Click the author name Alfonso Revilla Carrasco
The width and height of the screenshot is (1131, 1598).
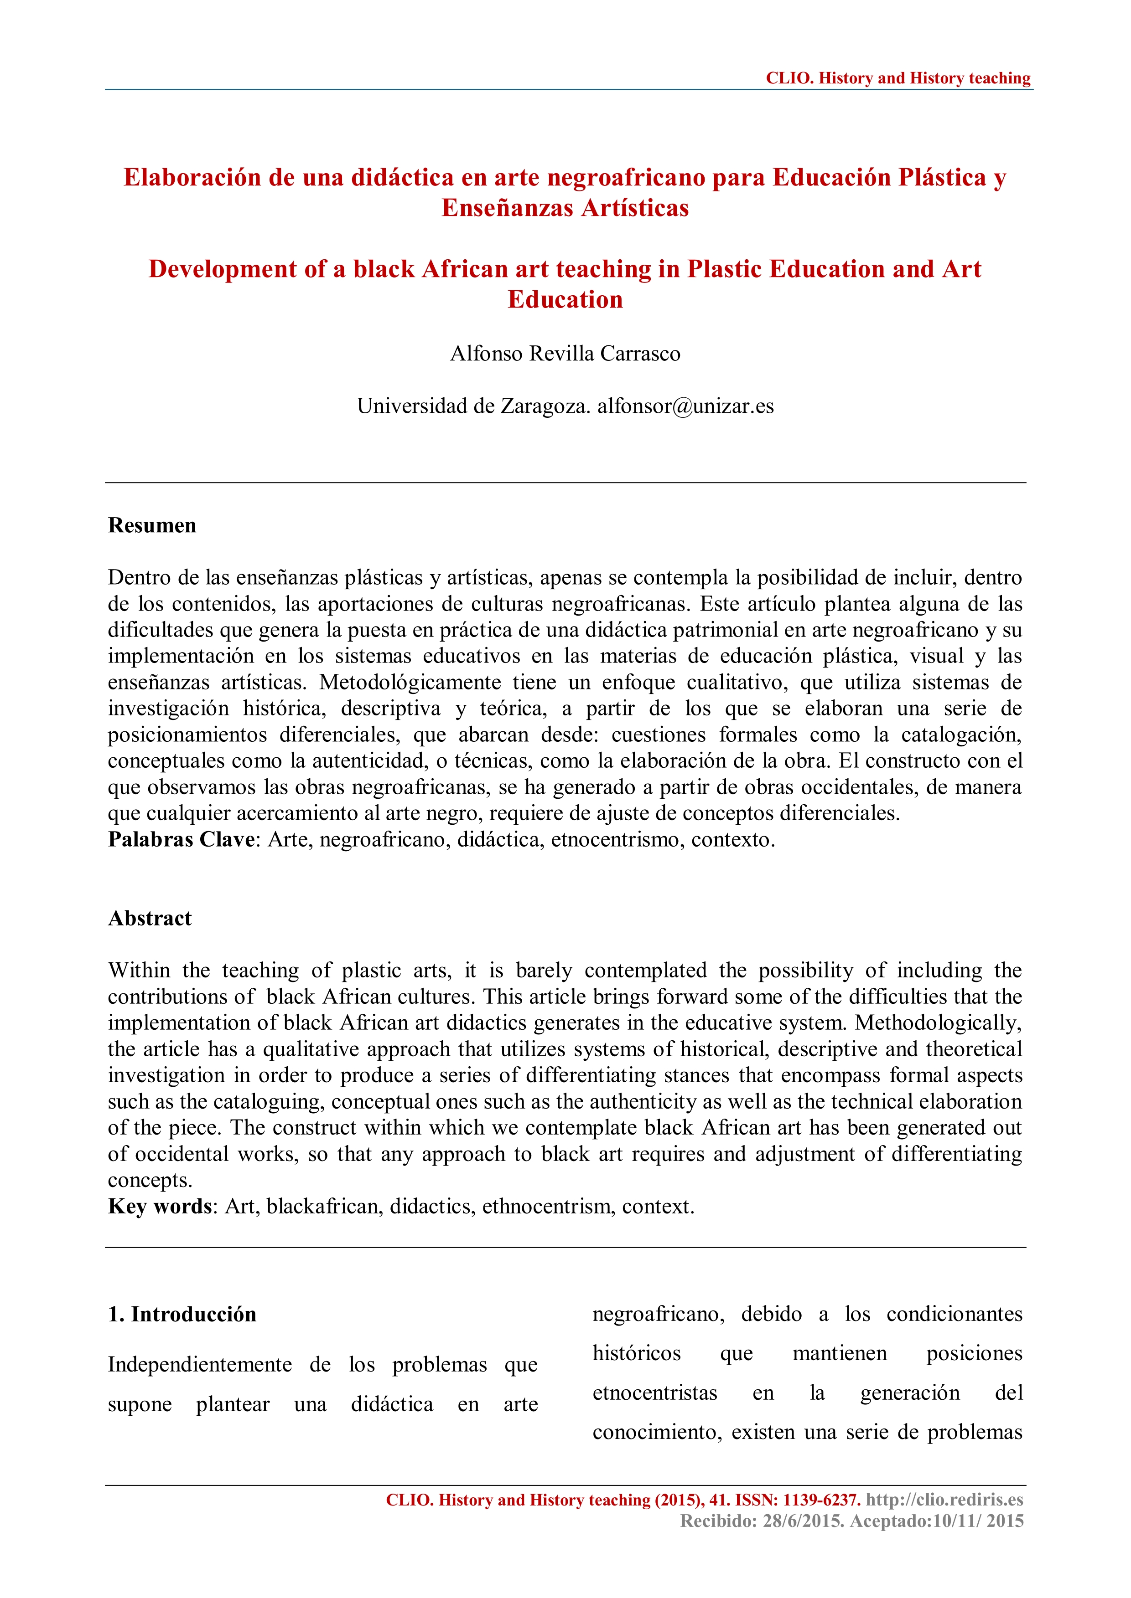[x=565, y=354]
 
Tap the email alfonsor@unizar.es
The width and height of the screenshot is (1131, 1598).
[x=685, y=406]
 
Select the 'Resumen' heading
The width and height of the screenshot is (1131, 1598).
[x=152, y=525]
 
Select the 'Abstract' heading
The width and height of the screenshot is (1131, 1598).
[x=150, y=918]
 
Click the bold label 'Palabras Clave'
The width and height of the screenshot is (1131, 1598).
[x=181, y=839]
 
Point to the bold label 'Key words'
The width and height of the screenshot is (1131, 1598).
[x=160, y=1206]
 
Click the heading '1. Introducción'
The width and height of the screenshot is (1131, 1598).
[x=182, y=1314]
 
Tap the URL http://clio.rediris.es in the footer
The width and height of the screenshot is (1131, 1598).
[x=944, y=1499]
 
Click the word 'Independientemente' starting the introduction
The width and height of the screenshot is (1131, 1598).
[x=200, y=1365]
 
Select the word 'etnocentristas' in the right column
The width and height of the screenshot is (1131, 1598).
[x=654, y=1392]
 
